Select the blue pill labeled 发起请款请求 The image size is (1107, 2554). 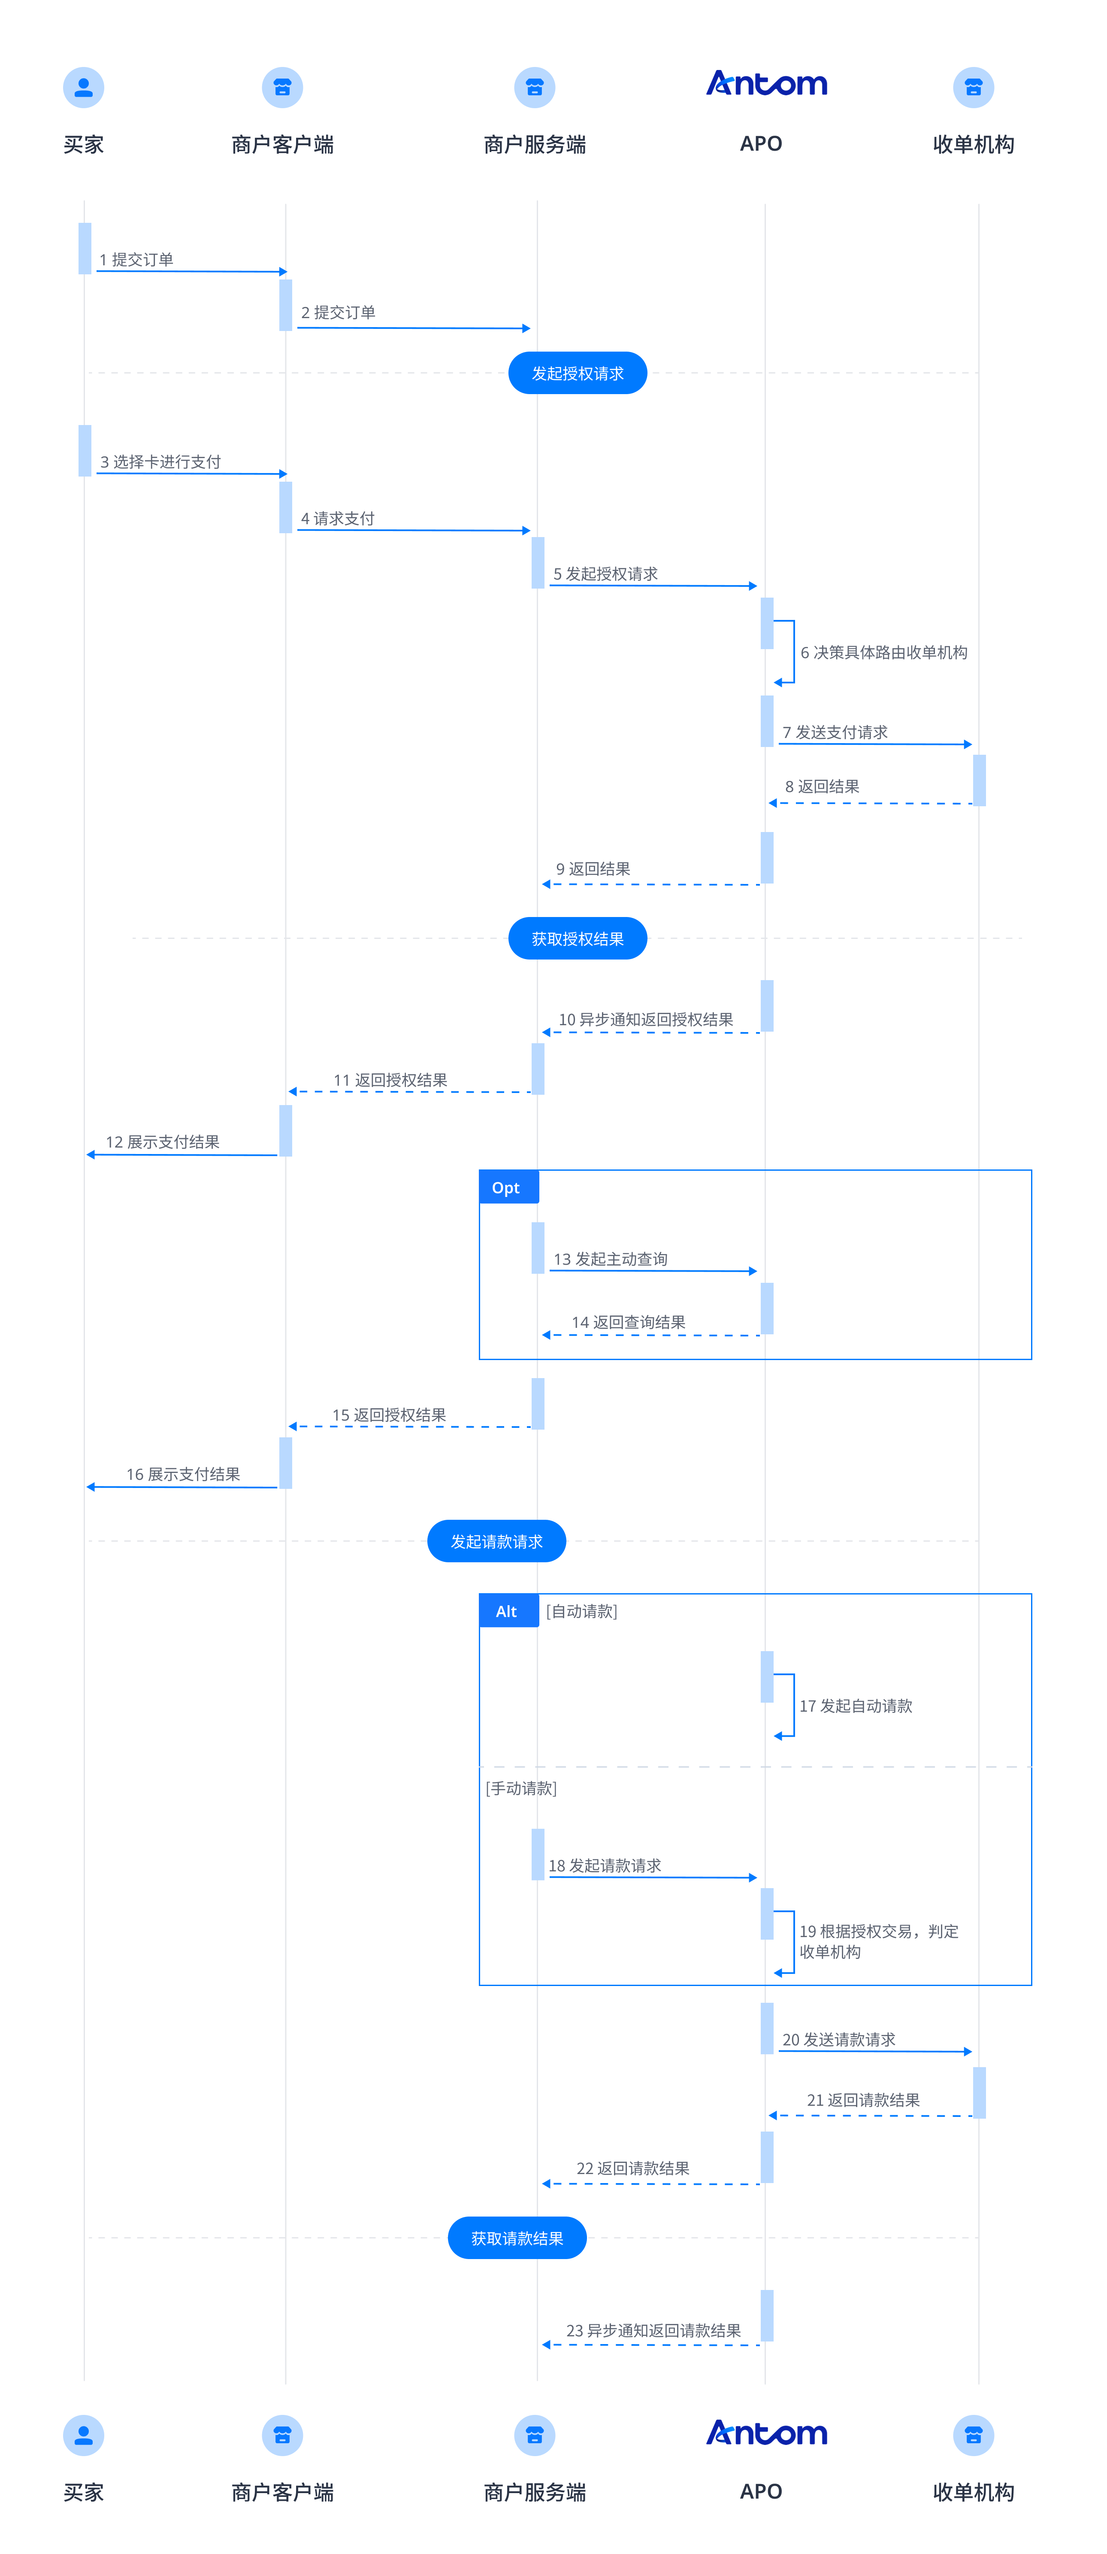click(x=496, y=1541)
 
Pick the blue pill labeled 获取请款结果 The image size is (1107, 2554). click(x=517, y=2238)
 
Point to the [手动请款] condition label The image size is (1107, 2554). click(x=521, y=1788)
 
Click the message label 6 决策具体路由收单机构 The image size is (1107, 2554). click(x=884, y=653)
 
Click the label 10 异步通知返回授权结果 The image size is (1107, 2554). click(x=646, y=1019)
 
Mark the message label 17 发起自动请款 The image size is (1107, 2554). click(x=856, y=1705)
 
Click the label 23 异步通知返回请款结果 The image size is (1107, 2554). click(x=654, y=2330)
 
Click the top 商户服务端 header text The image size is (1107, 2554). click(x=535, y=145)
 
